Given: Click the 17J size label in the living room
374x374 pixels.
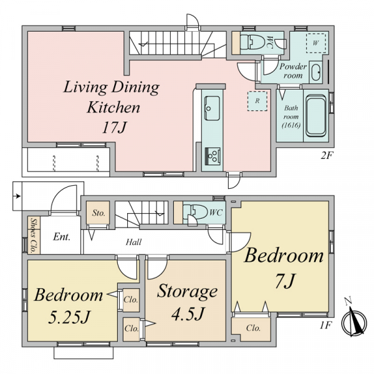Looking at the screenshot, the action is click(114, 128).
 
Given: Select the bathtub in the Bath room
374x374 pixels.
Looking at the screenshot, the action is click(316, 115).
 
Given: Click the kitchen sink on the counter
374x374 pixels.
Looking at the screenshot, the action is click(212, 108).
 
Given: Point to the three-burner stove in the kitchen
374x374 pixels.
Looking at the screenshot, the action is click(213, 156).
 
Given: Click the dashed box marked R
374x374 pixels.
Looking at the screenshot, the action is click(257, 101).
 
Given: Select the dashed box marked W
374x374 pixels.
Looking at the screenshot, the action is click(316, 43).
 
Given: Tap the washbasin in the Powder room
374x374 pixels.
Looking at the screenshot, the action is click(316, 72).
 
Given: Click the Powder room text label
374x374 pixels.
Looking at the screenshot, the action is click(293, 71).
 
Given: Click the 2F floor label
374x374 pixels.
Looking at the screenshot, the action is click(327, 156).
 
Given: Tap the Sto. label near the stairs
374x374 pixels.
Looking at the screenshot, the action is click(98, 213).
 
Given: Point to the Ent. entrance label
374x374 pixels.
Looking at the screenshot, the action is click(62, 237).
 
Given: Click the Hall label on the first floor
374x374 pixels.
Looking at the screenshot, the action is click(133, 242).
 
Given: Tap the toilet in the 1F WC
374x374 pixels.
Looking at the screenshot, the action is click(195, 211).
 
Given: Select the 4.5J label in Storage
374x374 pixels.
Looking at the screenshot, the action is click(188, 314).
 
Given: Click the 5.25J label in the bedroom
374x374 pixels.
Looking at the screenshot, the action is click(69, 317).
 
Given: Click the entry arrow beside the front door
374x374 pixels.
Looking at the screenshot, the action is click(17, 196).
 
